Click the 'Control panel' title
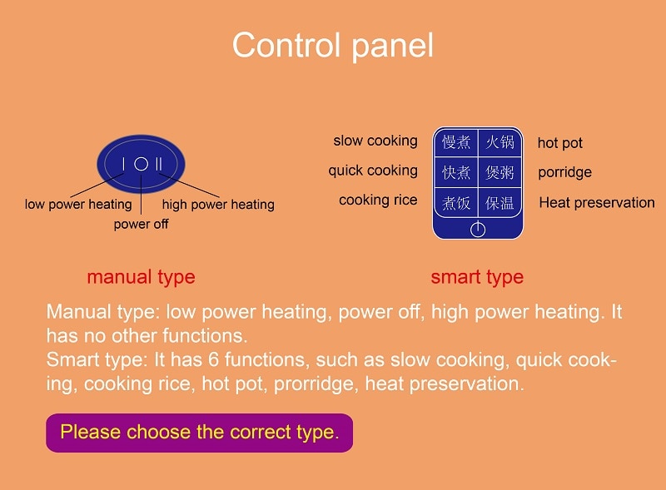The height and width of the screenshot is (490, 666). [332, 45]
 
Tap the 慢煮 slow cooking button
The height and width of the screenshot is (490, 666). [456, 141]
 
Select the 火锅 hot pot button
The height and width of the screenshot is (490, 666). [500, 141]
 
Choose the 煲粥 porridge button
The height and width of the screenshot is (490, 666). [500, 172]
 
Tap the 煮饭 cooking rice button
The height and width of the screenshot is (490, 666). [456, 203]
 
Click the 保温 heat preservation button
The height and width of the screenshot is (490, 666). [500, 203]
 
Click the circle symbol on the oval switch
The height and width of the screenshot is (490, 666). [141, 164]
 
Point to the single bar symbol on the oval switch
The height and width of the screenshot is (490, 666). [123, 164]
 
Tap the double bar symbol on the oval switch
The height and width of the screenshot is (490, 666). [158, 164]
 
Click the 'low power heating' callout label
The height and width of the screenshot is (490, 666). [78, 205]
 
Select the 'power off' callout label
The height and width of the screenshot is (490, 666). [141, 224]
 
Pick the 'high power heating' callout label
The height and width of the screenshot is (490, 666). [218, 205]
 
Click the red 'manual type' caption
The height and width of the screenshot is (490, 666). [141, 277]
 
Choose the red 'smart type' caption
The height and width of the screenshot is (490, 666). [477, 277]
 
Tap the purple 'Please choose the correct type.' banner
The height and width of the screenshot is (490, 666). [199, 433]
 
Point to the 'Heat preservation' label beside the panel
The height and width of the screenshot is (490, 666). [597, 202]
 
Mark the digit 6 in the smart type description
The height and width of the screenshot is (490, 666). [213, 359]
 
